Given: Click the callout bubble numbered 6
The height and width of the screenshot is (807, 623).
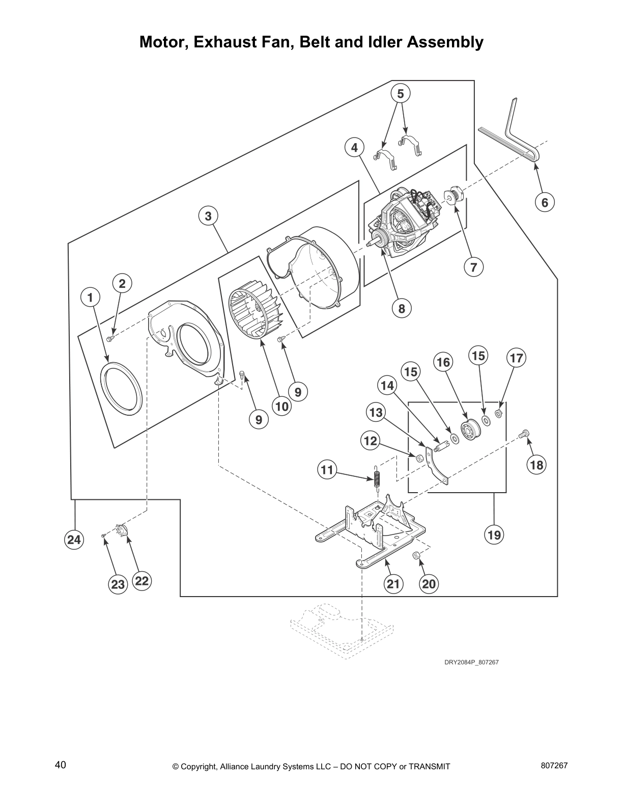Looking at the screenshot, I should click(x=545, y=203).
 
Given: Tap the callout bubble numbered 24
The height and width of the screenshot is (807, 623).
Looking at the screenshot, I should click(x=74, y=540).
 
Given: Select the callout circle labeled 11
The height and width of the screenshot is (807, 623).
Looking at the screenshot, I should click(x=327, y=469).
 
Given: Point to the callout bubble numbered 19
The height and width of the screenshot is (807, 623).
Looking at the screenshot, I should click(x=494, y=535).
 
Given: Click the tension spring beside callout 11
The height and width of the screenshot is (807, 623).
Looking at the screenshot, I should click(x=377, y=478).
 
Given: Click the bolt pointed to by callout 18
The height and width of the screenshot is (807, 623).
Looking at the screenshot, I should click(x=524, y=435).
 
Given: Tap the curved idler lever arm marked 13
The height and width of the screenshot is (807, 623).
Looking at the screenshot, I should click(x=438, y=466).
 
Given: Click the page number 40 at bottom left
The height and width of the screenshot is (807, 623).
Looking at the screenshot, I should click(x=61, y=765).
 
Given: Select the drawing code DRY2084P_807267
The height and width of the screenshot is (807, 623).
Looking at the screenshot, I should click(x=471, y=662).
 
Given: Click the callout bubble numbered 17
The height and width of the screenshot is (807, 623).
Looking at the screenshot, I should click(x=516, y=358).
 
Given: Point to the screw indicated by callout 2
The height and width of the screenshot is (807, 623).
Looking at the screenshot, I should click(x=109, y=339).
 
